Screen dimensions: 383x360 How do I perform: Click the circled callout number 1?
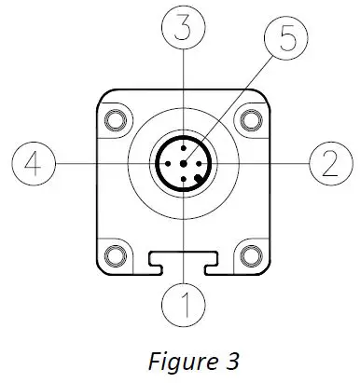pos(185,303)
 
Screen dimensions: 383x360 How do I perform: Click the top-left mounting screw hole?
pos(118,118)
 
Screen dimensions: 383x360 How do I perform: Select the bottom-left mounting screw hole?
pos(118,253)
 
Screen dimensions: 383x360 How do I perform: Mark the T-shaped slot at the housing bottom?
pos(185,261)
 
